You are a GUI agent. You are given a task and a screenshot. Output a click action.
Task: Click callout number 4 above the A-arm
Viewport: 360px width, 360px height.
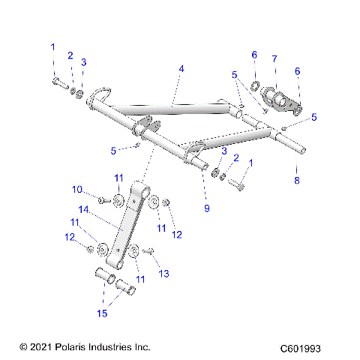pyautogui.click(x=181, y=68)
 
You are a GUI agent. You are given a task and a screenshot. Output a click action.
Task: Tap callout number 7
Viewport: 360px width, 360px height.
pyautogui.click(x=274, y=58)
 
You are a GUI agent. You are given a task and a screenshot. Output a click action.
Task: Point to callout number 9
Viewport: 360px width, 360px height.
pyautogui.click(x=207, y=208)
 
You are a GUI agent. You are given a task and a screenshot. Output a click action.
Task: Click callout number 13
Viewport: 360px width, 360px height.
pyautogui.click(x=165, y=274)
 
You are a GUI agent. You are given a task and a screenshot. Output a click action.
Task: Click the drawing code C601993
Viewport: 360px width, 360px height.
pyautogui.click(x=305, y=348)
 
